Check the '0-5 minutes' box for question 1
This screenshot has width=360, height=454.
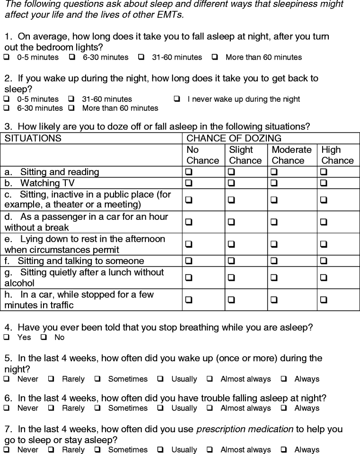(7, 57)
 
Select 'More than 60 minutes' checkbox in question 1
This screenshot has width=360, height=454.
(215, 57)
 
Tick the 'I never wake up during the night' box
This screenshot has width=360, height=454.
(177, 99)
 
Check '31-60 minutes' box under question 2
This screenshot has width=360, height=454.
(71, 99)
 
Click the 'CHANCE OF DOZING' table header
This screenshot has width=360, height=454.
(234, 139)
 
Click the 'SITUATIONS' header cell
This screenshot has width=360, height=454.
(33, 139)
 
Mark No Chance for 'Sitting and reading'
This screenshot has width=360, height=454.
(189, 172)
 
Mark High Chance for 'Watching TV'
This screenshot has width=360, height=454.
(324, 183)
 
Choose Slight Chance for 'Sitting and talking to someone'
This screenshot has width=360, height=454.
(231, 261)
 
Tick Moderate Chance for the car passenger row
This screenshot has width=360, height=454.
(274, 221)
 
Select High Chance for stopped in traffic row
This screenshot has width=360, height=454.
(324, 299)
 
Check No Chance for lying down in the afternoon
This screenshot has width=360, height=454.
(189, 244)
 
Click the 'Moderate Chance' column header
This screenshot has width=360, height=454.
(291, 155)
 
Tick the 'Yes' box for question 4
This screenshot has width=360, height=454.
(7, 338)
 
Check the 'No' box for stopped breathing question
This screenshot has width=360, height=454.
(44, 338)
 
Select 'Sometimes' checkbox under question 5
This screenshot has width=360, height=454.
(97, 379)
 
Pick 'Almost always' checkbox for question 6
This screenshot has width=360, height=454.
(210, 408)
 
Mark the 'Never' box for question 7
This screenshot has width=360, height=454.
(7, 450)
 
